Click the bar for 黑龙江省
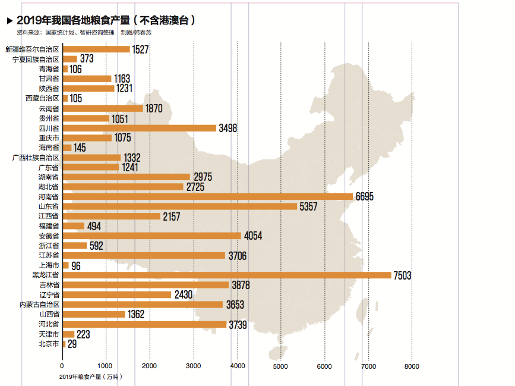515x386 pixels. click(x=226, y=275)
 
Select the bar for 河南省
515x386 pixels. click(x=207, y=196)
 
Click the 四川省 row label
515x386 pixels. click(x=49, y=128)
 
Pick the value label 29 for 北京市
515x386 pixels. click(x=72, y=344)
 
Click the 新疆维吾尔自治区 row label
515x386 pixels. click(x=32, y=49)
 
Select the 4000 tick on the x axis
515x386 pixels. click(x=237, y=366)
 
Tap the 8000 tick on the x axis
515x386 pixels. click(x=412, y=366)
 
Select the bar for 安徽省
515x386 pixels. click(x=151, y=236)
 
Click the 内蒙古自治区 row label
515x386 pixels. click(x=39, y=305)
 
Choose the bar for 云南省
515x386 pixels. click(x=103, y=108)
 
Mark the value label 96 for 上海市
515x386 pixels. click(x=76, y=266)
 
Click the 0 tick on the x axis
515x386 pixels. click(x=62, y=366)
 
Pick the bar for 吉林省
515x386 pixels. click(x=146, y=285)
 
